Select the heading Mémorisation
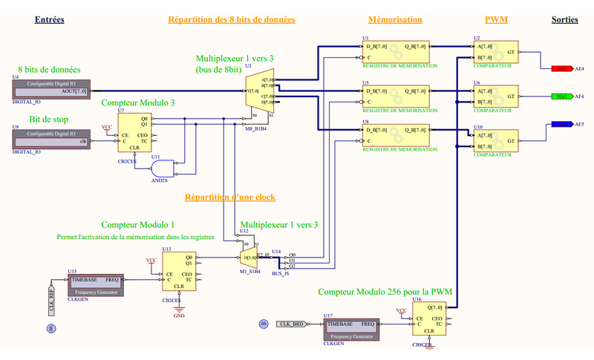[x=395, y=20]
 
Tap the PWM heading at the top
[x=496, y=20]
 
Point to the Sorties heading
[x=565, y=20]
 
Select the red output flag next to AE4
[x=561, y=69]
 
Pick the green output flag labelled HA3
[x=561, y=96]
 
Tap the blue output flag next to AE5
[x=561, y=125]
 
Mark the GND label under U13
[x=178, y=315]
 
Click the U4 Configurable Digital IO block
[x=51, y=91]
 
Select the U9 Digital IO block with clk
[x=51, y=140]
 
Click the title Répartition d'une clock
[x=229, y=197]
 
